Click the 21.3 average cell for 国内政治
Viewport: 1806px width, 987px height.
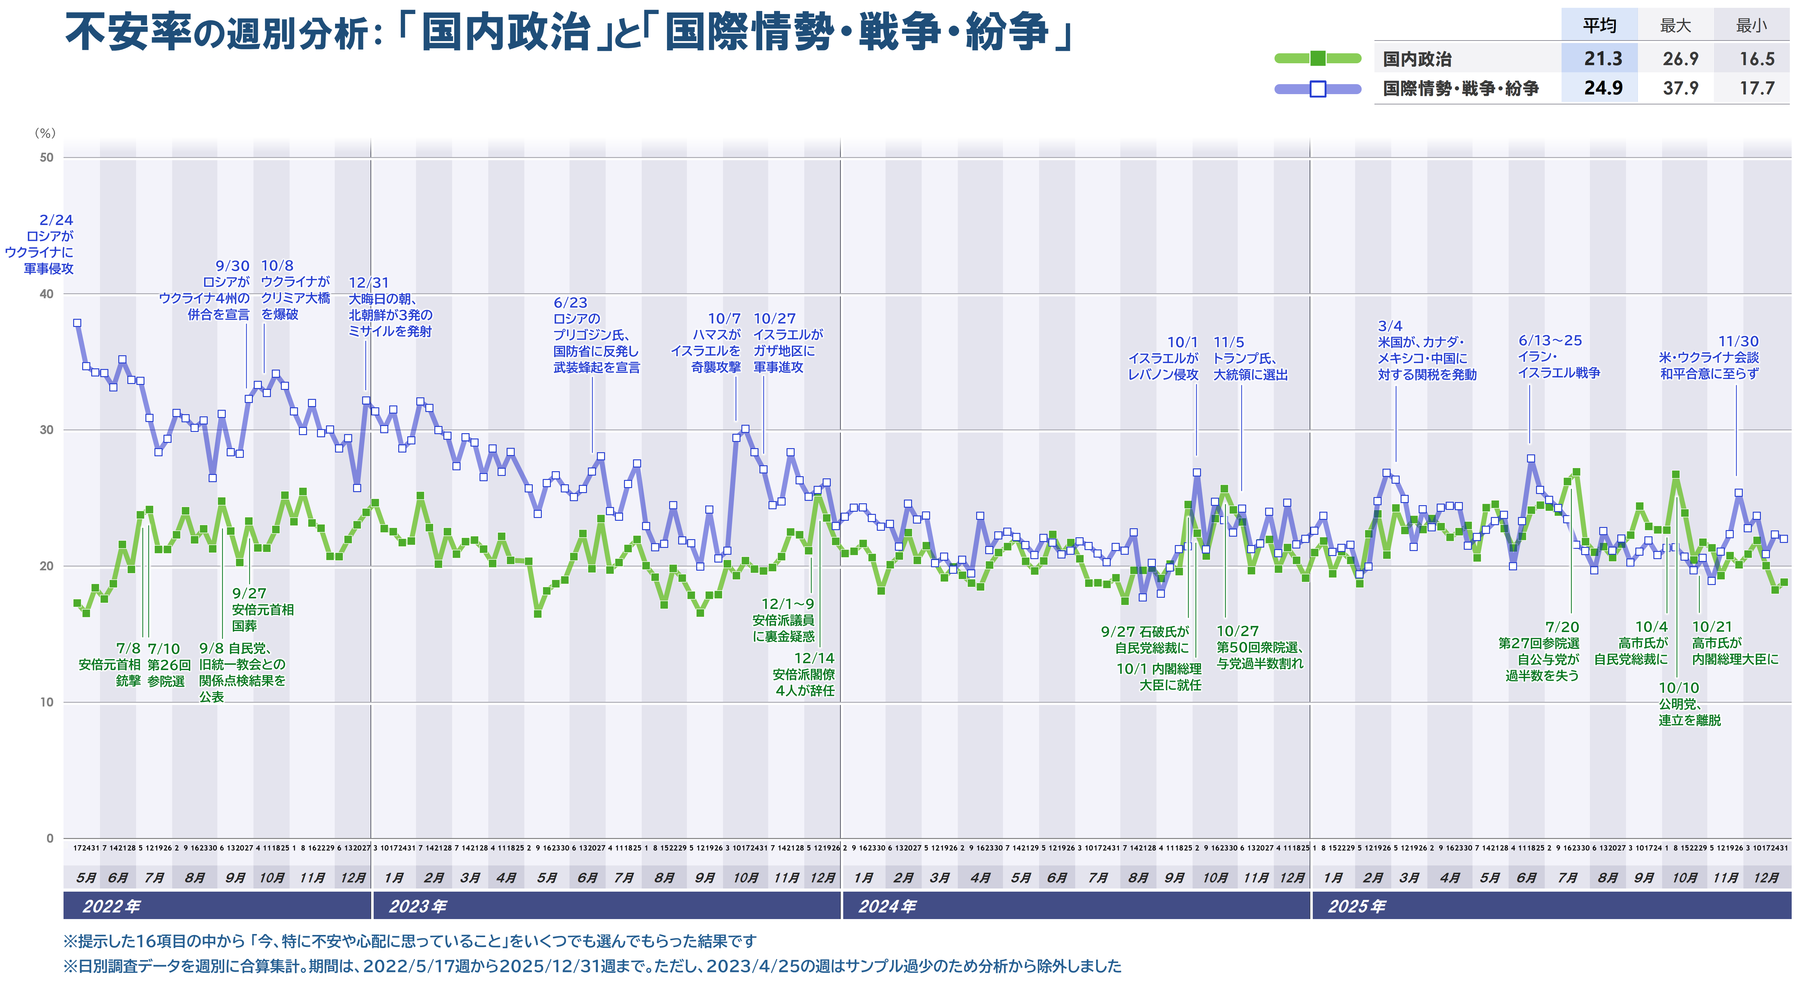pos(1603,59)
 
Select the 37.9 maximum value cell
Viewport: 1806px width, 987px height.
pos(1680,89)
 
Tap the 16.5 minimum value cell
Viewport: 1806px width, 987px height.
pos(1756,59)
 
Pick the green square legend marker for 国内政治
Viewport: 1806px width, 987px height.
pos(1317,58)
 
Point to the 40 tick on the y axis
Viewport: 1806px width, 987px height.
pos(46,294)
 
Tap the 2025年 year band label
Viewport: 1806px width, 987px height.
pos(1356,906)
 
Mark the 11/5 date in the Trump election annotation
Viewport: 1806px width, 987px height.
pos(1228,342)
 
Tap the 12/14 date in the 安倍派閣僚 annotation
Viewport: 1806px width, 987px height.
pos(814,658)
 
